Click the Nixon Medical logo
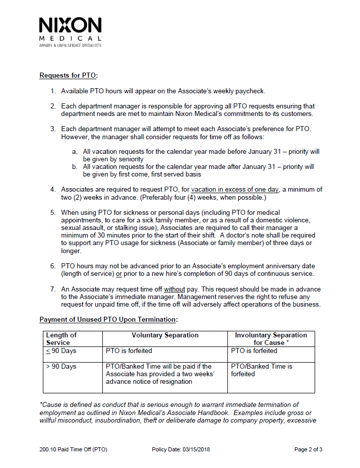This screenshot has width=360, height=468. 70,31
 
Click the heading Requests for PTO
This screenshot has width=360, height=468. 68,76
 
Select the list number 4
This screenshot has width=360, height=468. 52,190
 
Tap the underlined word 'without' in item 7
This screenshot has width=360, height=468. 174,289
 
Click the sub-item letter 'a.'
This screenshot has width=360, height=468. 75,151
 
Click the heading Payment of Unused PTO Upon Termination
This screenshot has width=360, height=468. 108,320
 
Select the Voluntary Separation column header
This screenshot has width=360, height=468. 165,335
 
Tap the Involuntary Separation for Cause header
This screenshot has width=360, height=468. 271,339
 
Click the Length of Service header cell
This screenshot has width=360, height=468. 61,339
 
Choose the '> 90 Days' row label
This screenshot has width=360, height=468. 61,367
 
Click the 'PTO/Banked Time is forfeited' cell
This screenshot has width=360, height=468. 261,370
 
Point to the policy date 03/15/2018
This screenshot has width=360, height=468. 194,449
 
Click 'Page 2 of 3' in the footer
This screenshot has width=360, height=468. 308,449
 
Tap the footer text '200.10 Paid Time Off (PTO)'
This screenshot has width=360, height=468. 73,449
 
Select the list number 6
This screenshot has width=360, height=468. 52,266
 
